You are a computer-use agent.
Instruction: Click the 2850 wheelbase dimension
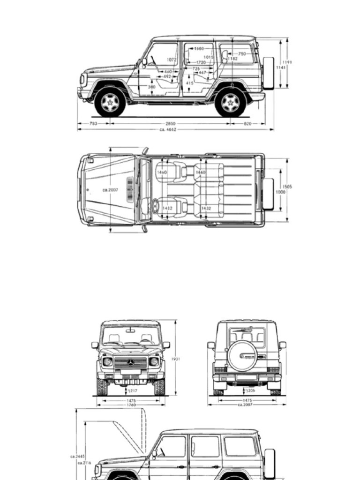170,124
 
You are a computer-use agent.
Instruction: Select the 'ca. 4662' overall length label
168,129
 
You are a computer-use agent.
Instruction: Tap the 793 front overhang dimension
93,124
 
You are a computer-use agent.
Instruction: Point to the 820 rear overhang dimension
247,124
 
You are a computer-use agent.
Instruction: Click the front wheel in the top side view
110,103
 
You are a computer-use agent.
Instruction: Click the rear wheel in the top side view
230,103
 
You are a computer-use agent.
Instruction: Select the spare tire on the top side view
269,73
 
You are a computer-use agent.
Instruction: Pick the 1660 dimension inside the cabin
198,48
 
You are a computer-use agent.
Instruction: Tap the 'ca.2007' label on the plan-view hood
110,190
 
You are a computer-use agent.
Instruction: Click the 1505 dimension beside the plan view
287,187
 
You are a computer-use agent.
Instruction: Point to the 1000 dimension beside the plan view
280,192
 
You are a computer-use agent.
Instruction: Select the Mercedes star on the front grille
130,362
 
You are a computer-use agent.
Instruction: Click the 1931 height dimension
176,359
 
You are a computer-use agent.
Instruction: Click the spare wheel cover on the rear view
242,356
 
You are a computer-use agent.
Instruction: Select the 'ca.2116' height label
84,463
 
